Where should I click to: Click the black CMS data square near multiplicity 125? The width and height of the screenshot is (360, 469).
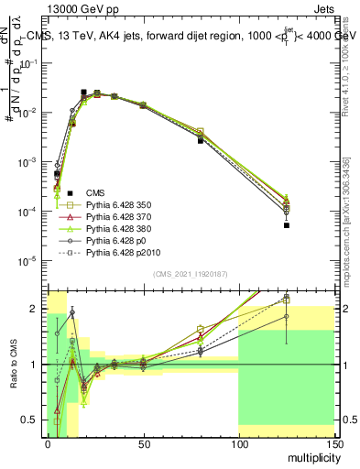[x=287, y=224]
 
